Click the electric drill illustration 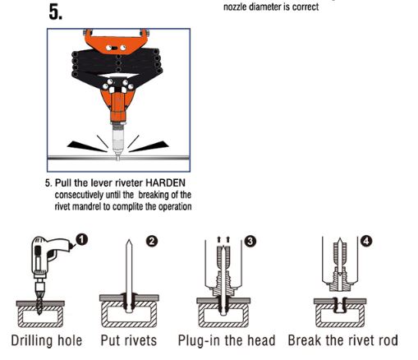[x=44, y=263]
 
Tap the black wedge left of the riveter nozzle [x=81, y=144]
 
